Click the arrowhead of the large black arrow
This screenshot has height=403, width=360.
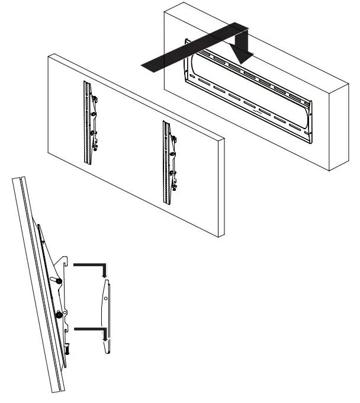[x=243, y=57]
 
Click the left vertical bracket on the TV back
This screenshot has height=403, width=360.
[x=89, y=125]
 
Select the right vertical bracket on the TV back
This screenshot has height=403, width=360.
[x=168, y=162]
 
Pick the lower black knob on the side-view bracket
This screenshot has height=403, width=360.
[x=59, y=315]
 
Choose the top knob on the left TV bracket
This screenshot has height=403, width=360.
[x=95, y=100]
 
